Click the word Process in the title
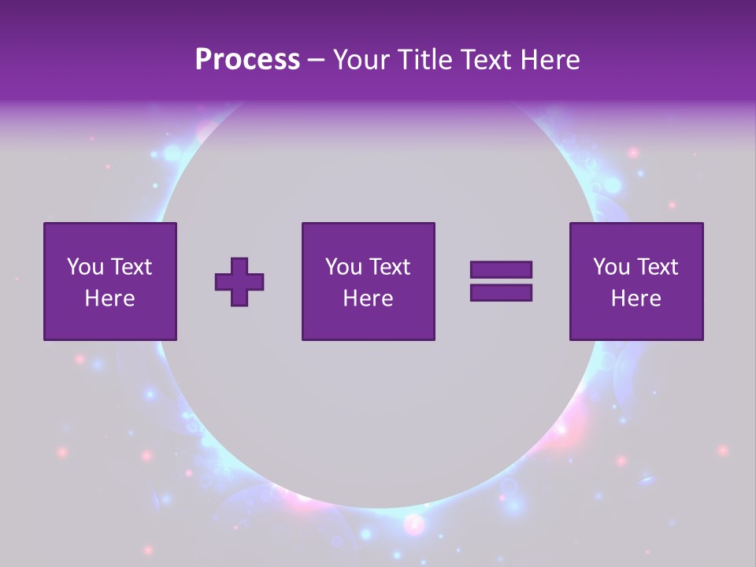pos(247,60)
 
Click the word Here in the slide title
pos(550,60)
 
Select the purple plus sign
pos(239,282)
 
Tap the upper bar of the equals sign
pos(501,270)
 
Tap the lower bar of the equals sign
pos(501,292)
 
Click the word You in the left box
pos(85,267)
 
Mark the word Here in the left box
pos(109,298)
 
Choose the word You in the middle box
pos(343,267)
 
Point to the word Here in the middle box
pos(368,298)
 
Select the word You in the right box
pos(611,267)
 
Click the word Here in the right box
pos(636,298)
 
